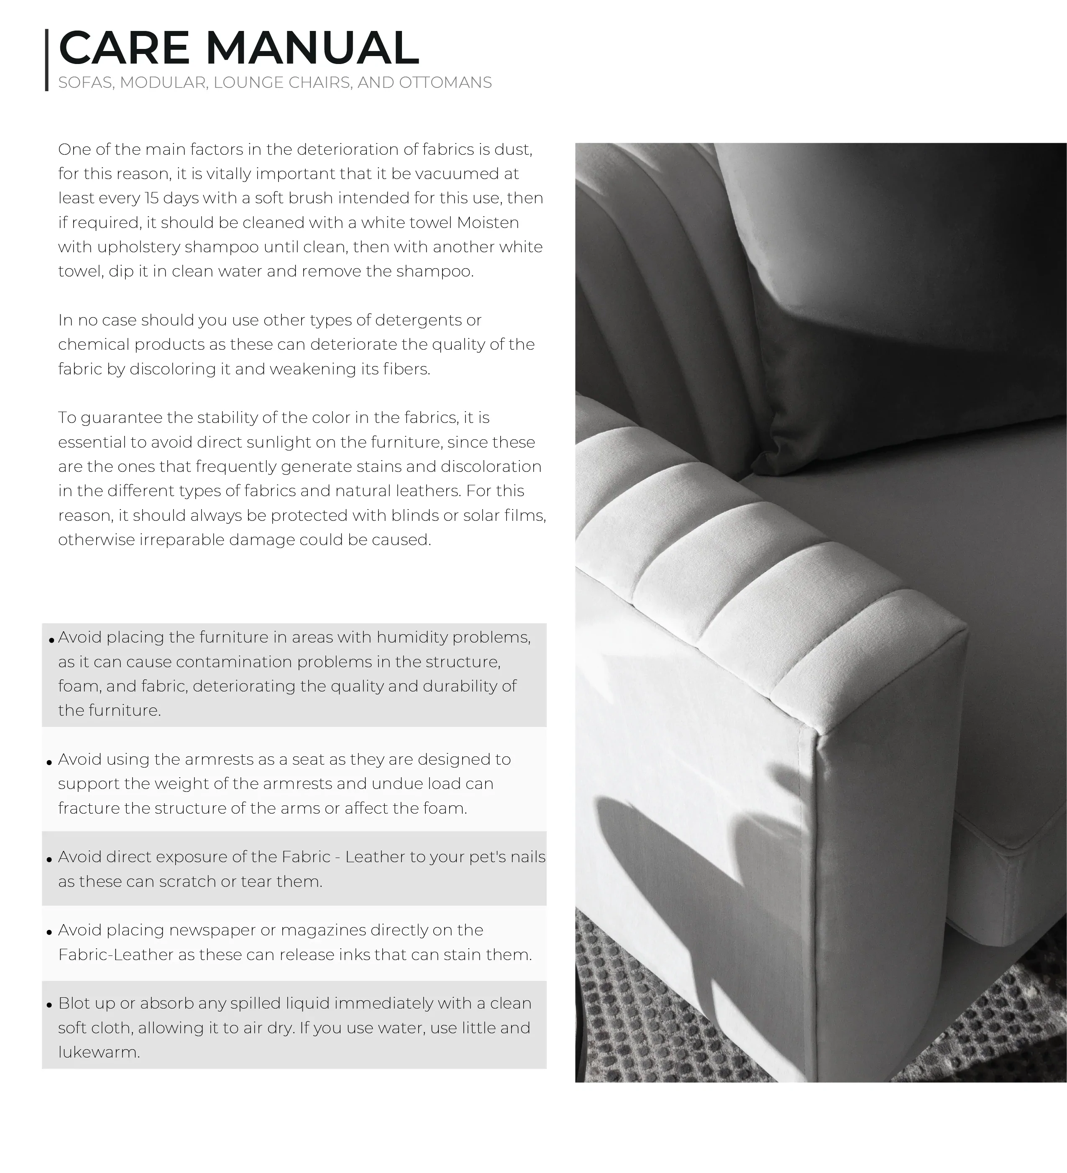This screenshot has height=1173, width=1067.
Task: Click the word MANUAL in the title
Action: click(x=312, y=48)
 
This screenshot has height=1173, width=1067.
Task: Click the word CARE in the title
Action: click(x=124, y=48)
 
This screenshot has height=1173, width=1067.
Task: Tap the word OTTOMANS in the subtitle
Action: click(x=445, y=83)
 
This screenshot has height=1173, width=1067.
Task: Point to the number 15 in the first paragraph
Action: click(x=151, y=198)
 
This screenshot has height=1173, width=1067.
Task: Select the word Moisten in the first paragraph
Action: click(x=488, y=223)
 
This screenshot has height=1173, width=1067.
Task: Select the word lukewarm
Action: click(x=99, y=1052)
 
